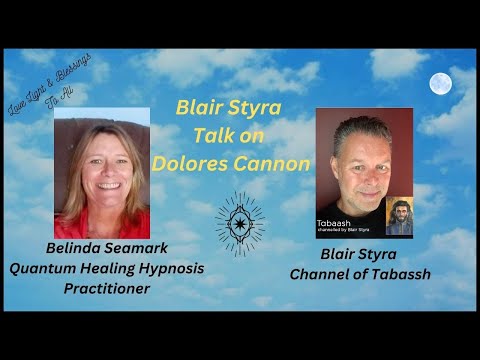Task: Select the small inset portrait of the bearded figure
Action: (399, 216)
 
